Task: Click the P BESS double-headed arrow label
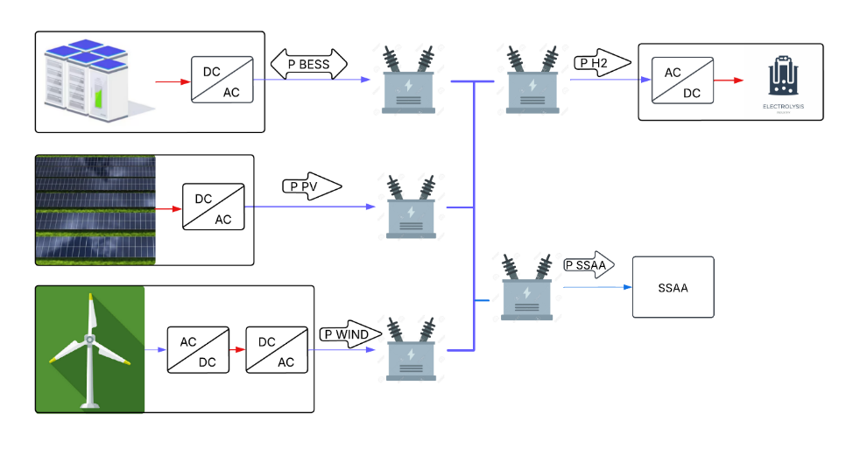(309, 65)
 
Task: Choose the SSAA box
(673, 287)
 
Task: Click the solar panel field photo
(95, 210)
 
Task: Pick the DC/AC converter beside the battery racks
(222, 81)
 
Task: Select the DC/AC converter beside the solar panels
(214, 207)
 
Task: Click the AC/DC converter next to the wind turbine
(198, 349)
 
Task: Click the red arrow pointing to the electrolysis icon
(727, 81)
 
